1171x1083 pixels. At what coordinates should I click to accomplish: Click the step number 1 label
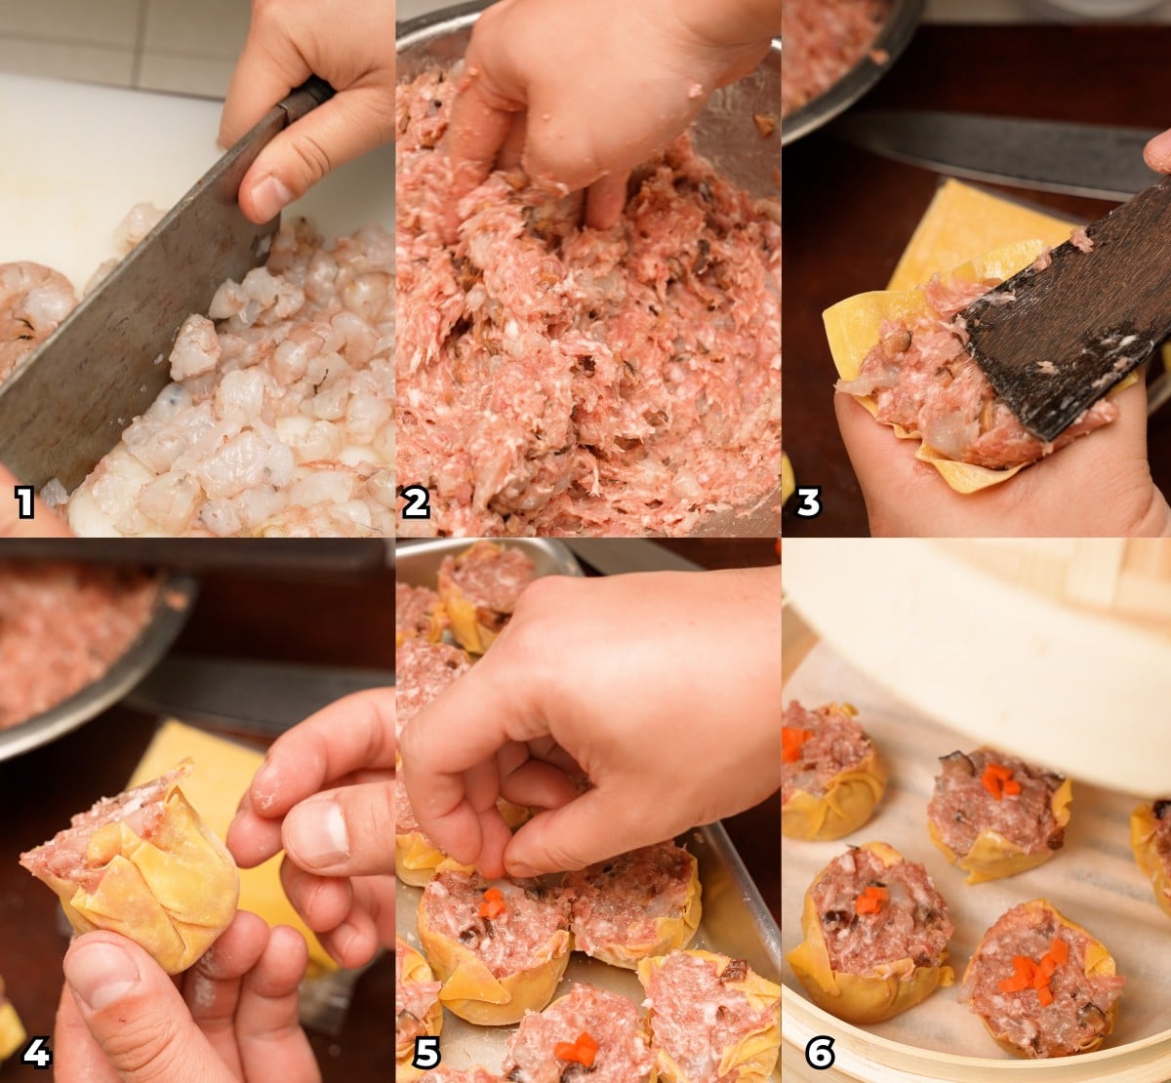tap(24, 502)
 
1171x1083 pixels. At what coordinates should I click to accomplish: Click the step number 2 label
tap(415, 502)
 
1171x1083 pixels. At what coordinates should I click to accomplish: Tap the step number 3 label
tap(808, 502)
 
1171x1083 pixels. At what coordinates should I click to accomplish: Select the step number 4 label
tap(35, 1052)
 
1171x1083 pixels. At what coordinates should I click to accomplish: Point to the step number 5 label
tap(426, 1052)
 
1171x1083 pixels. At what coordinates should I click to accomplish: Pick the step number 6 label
tap(820, 1052)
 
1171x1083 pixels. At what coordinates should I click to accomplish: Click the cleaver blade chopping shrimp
tap(107, 361)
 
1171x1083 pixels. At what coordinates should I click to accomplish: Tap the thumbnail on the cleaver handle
tap(268, 197)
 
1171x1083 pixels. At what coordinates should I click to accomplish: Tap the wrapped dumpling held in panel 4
tap(146, 868)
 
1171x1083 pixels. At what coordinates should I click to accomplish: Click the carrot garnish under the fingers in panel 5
tap(493, 903)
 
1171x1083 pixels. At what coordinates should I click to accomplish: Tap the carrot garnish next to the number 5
tap(576, 1049)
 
